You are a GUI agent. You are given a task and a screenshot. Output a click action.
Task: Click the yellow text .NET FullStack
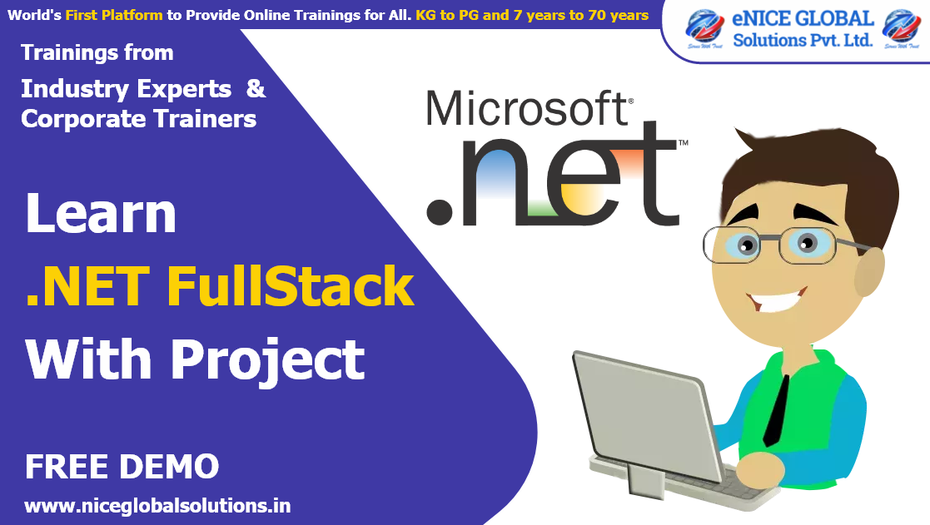click(x=220, y=286)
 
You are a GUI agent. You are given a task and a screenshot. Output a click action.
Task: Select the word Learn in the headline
click(x=101, y=214)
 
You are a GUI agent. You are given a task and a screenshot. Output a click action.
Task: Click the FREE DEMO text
click(x=122, y=467)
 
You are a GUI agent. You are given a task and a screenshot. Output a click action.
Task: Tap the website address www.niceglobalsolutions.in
click(x=157, y=506)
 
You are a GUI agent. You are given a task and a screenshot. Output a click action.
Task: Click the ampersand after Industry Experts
click(x=256, y=89)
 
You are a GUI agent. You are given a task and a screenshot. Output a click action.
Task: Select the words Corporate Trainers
click(x=138, y=119)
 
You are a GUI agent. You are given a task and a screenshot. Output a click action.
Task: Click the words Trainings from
click(x=97, y=52)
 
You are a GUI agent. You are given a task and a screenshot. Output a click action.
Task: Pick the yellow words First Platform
click(x=115, y=15)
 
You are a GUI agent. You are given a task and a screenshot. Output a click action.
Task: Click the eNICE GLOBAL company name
click(x=803, y=19)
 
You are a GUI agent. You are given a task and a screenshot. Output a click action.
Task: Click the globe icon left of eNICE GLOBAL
click(x=704, y=28)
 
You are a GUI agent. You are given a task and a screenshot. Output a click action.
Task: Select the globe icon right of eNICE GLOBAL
click(x=903, y=28)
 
